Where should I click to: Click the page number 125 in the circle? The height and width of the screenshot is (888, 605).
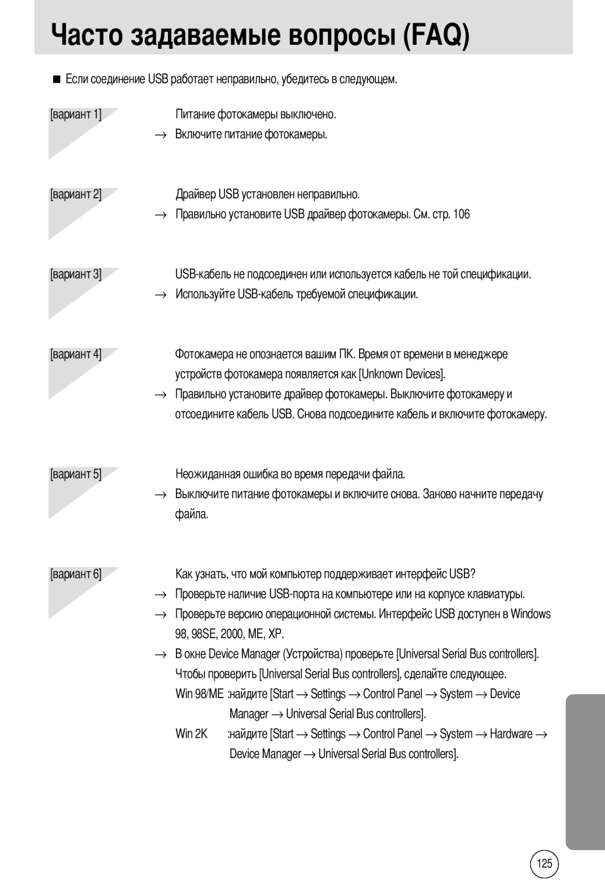coord(544,863)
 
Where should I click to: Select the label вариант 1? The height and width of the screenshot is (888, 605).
coord(76,114)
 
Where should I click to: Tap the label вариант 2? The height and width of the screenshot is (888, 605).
coord(76,194)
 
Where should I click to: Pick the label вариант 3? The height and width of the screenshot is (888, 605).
coord(76,274)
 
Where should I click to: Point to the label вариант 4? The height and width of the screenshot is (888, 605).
coord(76,354)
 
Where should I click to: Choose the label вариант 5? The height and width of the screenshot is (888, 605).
coord(76,474)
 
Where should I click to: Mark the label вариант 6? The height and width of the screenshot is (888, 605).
coord(76,574)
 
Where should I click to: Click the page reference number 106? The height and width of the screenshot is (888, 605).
coord(462,214)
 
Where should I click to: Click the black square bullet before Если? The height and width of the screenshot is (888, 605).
coord(56,80)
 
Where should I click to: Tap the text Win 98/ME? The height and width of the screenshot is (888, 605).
coord(199,694)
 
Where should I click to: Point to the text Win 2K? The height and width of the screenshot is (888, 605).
coord(191,733)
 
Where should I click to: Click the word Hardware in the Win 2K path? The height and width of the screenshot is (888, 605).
coord(511,733)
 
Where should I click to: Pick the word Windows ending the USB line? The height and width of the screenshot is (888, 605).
coord(530,614)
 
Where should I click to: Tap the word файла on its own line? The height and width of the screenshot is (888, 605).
coord(192,514)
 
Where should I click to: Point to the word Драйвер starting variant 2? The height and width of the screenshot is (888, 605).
coord(195,194)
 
